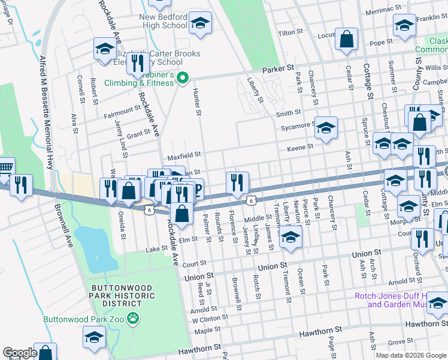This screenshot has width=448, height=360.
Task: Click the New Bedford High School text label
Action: pyautogui.click(x=163, y=21)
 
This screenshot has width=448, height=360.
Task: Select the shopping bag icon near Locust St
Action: pyautogui.click(x=347, y=40)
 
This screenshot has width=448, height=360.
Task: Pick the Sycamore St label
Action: pyautogui.click(x=298, y=126)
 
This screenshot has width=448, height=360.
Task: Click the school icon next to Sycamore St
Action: pyautogui.click(x=325, y=128)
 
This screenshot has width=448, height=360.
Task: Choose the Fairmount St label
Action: pyautogui.click(x=122, y=112)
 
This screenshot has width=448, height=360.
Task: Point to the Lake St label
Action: pyautogui.click(x=156, y=248)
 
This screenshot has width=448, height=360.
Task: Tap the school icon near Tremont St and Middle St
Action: pyautogui.click(x=290, y=236)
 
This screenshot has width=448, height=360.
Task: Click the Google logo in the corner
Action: pyautogui.click(x=19, y=353)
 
